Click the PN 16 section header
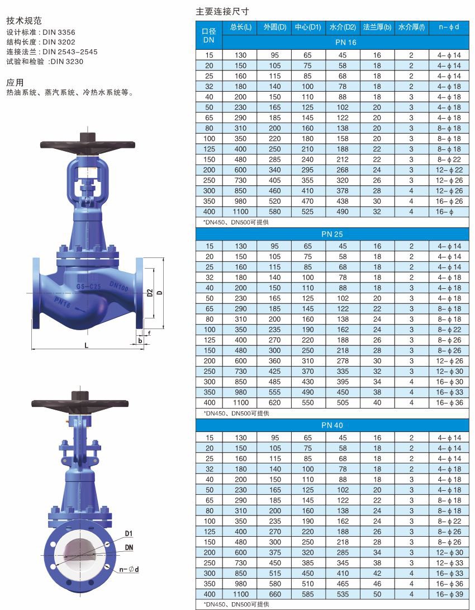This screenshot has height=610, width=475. coord(346,42)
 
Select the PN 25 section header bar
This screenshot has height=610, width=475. coord(332,234)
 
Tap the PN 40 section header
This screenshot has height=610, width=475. coord(332,425)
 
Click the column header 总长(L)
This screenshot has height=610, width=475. coord(240,27)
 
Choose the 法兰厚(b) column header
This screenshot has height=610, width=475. coord(377,27)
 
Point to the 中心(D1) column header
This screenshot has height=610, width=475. coord(308,27)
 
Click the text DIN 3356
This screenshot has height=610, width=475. coord(59,32)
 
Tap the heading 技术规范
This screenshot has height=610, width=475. coord(23,21)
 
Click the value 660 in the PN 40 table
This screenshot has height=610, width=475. coord(274,594)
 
